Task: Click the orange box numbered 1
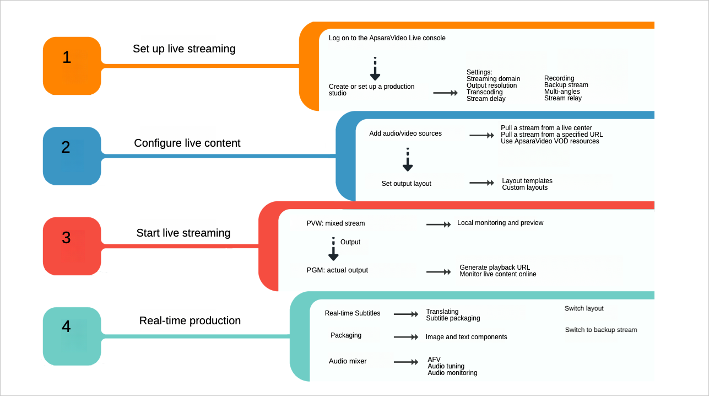coord(72,66)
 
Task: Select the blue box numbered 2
coord(72,156)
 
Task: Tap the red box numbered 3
coord(72,245)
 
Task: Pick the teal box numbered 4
coord(72,336)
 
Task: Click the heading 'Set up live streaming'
coord(184,49)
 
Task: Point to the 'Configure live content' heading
coord(187,143)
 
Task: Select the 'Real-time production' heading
coord(190,320)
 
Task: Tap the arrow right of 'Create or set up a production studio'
coord(446,93)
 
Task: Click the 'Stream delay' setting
coord(485,99)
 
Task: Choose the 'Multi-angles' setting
coord(562,92)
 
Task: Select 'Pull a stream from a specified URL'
coord(551,135)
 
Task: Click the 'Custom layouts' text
coord(524,188)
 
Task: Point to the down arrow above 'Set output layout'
coord(408,160)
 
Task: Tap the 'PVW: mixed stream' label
coord(335,223)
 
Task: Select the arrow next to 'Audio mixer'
coord(407,362)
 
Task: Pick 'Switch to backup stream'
coord(600,330)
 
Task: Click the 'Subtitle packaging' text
coord(453,318)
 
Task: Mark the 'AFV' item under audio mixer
coord(434,360)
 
